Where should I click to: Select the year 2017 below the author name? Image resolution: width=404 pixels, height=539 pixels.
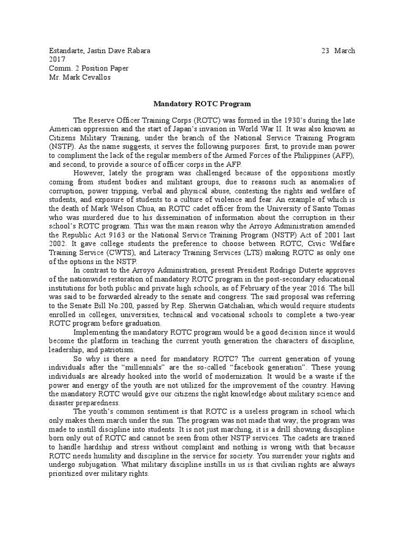click(x=56, y=59)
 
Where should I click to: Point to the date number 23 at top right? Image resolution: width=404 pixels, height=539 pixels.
click(x=325, y=51)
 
